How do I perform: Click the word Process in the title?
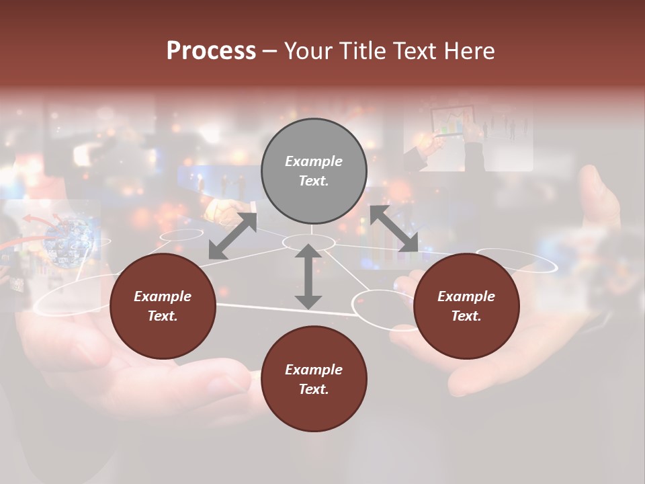[x=211, y=51]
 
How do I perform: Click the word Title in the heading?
[x=360, y=51]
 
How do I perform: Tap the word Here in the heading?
[x=468, y=51]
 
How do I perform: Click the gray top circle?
[x=314, y=171]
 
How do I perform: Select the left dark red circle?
[x=163, y=307]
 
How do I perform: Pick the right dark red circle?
[x=466, y=307]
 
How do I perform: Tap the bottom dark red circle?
[x=314, y=379]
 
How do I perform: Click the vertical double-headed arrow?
[x=308, y=276]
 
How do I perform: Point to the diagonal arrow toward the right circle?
[x=394, y=229]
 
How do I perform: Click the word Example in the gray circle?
[x=314, y=161]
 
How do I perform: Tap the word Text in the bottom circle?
[x=313, y=389]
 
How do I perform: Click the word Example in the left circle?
[x=163, y=296]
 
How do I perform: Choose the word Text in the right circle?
[x=466, y=316]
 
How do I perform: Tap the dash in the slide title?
[x=270, y=52]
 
